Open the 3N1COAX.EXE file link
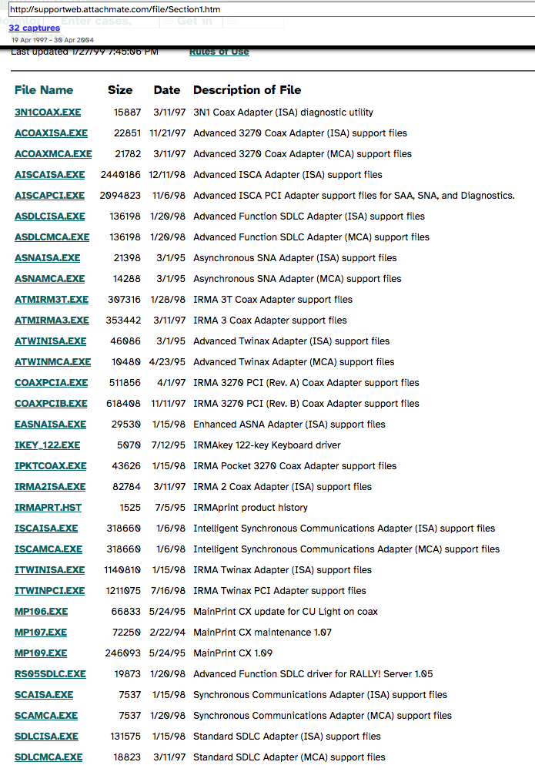pos(47,112)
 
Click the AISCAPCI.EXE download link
pos(49,196)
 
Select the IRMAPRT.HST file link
pos(48,508)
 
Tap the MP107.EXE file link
pos(41,633)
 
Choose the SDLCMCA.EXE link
pos(48,757)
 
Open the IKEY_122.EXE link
pos(47,445)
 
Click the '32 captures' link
pos(34,28)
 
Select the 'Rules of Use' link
pos(219,52)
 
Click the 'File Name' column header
pos(44,90)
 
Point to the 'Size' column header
pos(120,90)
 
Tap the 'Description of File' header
pos(247,90)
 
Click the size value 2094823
pos(121,196)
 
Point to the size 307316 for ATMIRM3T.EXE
pos(124,300)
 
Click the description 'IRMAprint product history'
pos(250,508)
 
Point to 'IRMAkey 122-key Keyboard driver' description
pos(266,445)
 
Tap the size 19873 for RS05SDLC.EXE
pos(126,674)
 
